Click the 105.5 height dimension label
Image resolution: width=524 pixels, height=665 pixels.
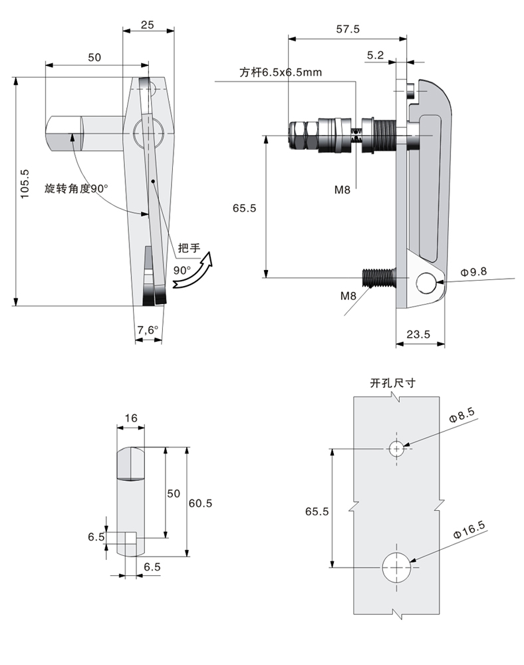(25, 184)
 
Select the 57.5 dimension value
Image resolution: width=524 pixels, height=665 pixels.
(348, 29)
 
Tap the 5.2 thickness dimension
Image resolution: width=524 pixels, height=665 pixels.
(375, 55)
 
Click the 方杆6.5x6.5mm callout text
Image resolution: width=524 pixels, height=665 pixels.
(281, 72)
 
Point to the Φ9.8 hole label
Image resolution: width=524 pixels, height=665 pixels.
(473, 272)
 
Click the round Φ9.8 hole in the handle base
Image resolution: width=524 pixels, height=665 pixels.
(425, 283)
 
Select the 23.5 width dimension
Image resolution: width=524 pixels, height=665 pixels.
(418, 334)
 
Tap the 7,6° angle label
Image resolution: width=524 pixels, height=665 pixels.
(148, 330)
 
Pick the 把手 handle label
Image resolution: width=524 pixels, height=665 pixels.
(189, 247)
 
